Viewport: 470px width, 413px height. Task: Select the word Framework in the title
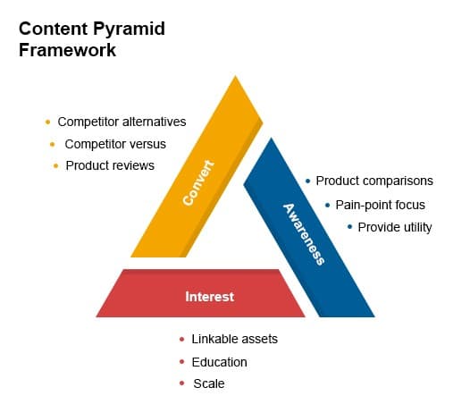tap(67, 50)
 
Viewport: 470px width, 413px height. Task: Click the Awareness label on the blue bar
tap(304, 233)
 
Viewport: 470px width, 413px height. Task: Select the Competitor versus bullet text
tap(115, 143)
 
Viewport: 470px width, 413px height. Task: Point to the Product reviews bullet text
tap(110, 165)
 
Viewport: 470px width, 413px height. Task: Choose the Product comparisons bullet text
tap(374, 181)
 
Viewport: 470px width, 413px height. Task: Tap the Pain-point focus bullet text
tap(381, 205)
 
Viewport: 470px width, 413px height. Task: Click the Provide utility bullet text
tap(395, 227)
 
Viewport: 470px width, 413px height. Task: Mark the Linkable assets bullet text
tap(235, 340)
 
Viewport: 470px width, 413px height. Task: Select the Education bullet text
tap(219, 362)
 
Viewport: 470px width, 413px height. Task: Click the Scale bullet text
tap(209, 383)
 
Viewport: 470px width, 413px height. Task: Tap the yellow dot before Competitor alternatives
tap(47, 122)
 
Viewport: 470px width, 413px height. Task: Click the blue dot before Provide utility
tap(349, 227)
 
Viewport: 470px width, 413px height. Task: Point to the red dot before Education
tap(181, 362)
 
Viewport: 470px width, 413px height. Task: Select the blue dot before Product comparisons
tap(308, 181)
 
